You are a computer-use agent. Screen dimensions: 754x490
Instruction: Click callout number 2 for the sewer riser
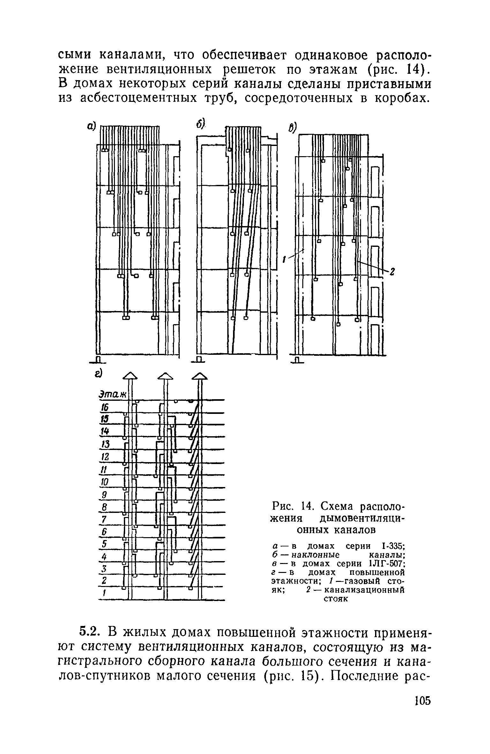point(393,271)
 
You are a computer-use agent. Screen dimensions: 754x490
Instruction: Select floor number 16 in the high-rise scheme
point(105,407)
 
